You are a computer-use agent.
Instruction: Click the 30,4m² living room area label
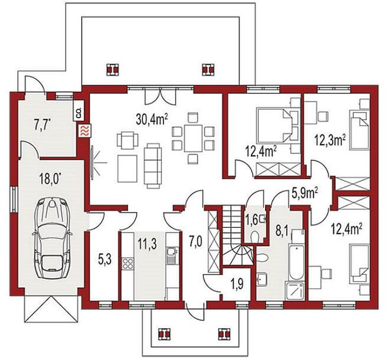[x=152, y=119]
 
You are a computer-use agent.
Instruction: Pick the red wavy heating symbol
[x=85, y=130]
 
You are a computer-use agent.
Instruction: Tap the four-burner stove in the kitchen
[x=128, y=264]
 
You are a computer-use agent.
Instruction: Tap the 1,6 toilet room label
[x=252, y=218]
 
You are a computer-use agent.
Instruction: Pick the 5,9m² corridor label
[x=305, y=193]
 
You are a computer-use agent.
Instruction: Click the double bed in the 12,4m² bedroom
[x=275, y=125]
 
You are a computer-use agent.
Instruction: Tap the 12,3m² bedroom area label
[x=330, y=141]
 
